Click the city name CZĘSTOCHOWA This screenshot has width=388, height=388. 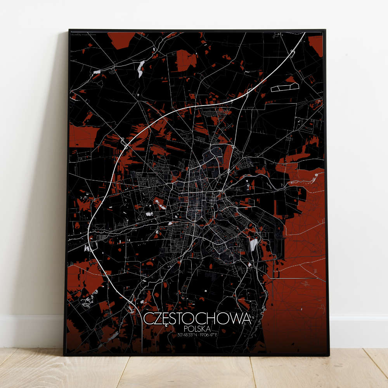pyautogui.click(x=197, y=319)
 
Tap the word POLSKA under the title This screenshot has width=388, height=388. pyautogui.click(x=197, y=329)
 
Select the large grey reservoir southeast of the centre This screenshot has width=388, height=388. pyautogui.click(x=253, y=244)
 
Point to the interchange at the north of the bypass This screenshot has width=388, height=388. pyautogui.click(x=232, y=100)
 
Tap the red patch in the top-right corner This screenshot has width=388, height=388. pyautogui.click(x=316, y=45)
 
